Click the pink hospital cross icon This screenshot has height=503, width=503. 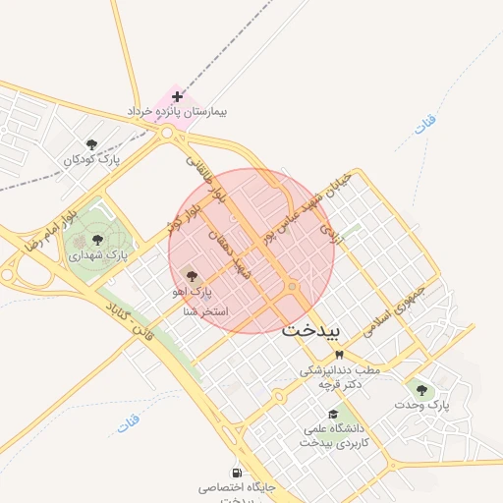click(177, 96)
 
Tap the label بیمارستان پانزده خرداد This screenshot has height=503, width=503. click(177, 112)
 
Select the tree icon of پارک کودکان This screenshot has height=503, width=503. click(91, 144)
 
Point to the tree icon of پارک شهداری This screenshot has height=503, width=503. click(96, 239)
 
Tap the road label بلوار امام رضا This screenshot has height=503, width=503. click(41, 227)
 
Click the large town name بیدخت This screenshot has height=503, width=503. click(309, 331)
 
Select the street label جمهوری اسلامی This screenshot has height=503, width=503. click(396, 312)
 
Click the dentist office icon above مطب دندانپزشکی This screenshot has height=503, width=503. click(339, 354)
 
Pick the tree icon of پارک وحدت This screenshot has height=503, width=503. click(422, 389)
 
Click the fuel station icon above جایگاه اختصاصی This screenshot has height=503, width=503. click(237, 472)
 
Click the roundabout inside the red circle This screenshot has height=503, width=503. click(293, 287)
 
